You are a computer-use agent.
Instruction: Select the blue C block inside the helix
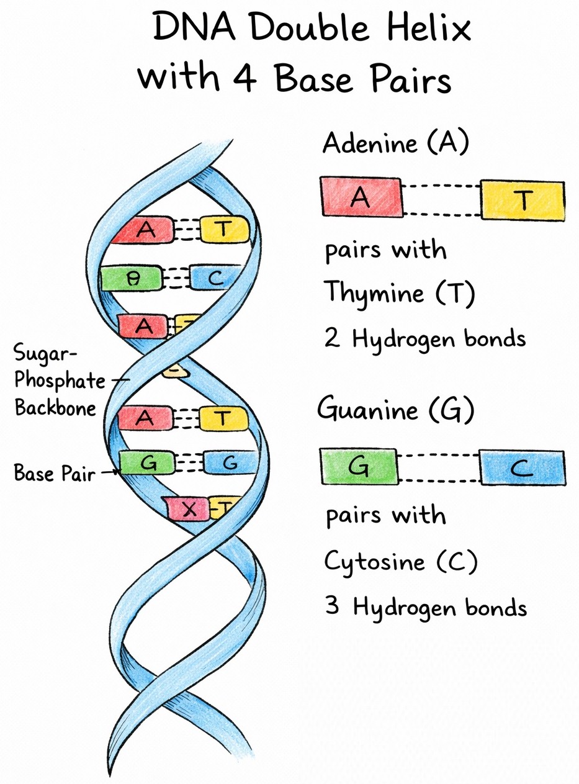click(214, 278)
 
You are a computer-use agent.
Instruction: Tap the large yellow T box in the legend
click(523, 199)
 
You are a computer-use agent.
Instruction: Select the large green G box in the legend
click(359, 466)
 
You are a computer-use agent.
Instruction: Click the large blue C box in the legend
click(522, 468)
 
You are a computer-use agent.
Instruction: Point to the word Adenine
click(369, 144)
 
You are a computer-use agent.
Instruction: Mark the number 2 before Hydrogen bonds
click(332, 339)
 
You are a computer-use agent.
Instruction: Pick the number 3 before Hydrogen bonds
click(332, 606)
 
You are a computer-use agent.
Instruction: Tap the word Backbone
click(56, 408)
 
